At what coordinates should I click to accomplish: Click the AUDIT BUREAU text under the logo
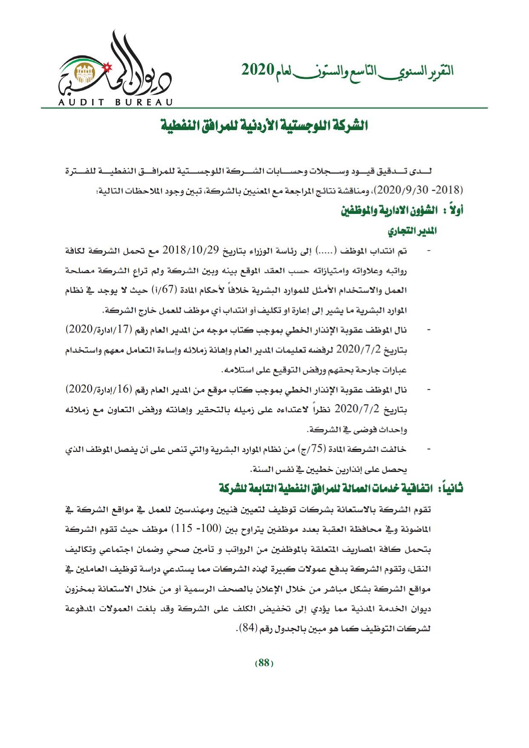(115, 102)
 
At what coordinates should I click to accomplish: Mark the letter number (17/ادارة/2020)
(98, 330)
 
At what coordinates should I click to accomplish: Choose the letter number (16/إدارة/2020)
(98, 390)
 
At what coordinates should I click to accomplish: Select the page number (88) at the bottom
(264, 663)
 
